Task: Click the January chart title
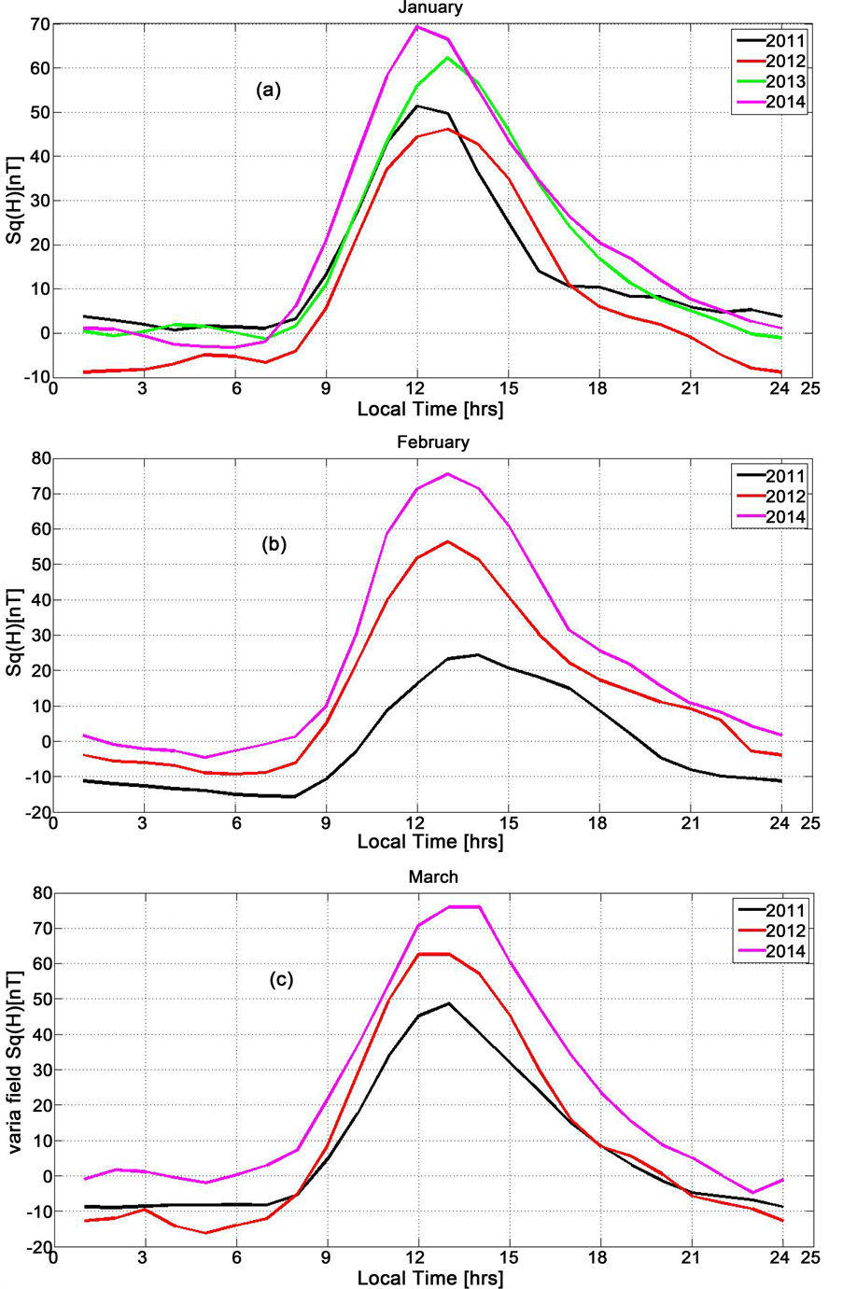pos(429,7)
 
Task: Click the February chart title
pos(432,441)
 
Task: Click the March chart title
pos(433,876)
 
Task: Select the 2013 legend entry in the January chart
pos(785,82)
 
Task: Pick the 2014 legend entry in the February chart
pos(785,517)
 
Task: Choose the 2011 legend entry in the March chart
pos(785,911)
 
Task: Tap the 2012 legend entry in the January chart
pos(785,62)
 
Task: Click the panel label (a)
pos(268,90)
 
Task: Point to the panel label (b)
pos(274,545)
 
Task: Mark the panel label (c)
pos(281,979)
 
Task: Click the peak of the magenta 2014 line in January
pos(417,26)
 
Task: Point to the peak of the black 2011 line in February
pos(478,654)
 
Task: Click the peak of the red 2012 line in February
pos(447,541)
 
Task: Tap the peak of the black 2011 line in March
pos(448,1003)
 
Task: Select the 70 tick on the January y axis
pos(38,24)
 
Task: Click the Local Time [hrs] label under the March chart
pos(429,1277)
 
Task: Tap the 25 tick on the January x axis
pos(809,388)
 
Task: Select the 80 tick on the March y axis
pos(38,893)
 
